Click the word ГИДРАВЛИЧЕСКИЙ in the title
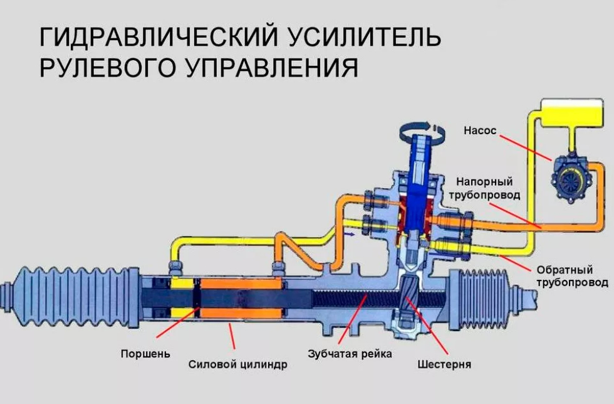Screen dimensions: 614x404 point(159,37)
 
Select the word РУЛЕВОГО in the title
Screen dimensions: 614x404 point(107,67)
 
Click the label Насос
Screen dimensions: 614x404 point(480,130)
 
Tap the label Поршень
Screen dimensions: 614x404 point(145,354)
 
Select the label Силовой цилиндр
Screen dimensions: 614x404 point(237,364)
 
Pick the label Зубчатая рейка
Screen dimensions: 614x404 point(350,354)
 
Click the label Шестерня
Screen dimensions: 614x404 point(444,364)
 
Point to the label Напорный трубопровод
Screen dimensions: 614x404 point(484,188)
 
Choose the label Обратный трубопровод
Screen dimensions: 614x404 point(572,276)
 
